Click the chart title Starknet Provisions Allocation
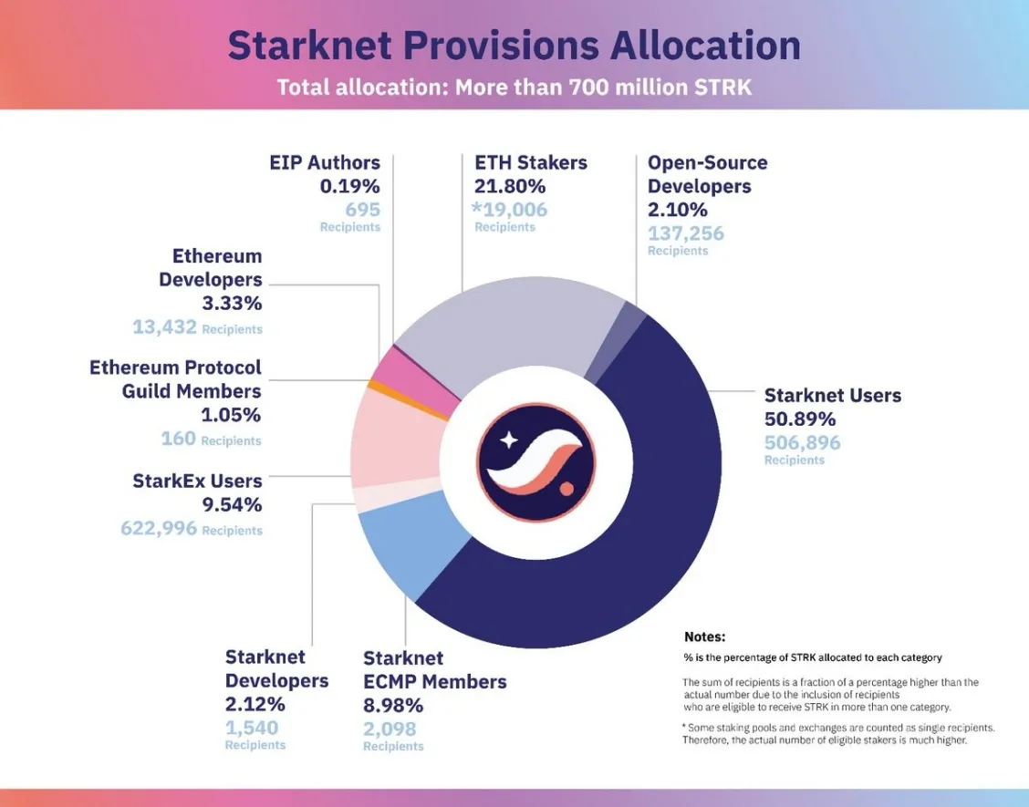coord(514,46)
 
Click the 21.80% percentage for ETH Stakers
coord(510,186)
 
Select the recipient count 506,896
coord(802,443)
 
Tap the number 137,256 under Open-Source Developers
coord(685,233)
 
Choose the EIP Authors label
coord(324,162)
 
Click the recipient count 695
coord(362,210)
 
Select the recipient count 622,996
coord(159,528)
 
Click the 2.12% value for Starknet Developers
coord(255,704)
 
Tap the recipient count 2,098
coord(390,729)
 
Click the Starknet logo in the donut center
coord(535,460)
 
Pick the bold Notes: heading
coord(704,636)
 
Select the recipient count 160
coord(178,439)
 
